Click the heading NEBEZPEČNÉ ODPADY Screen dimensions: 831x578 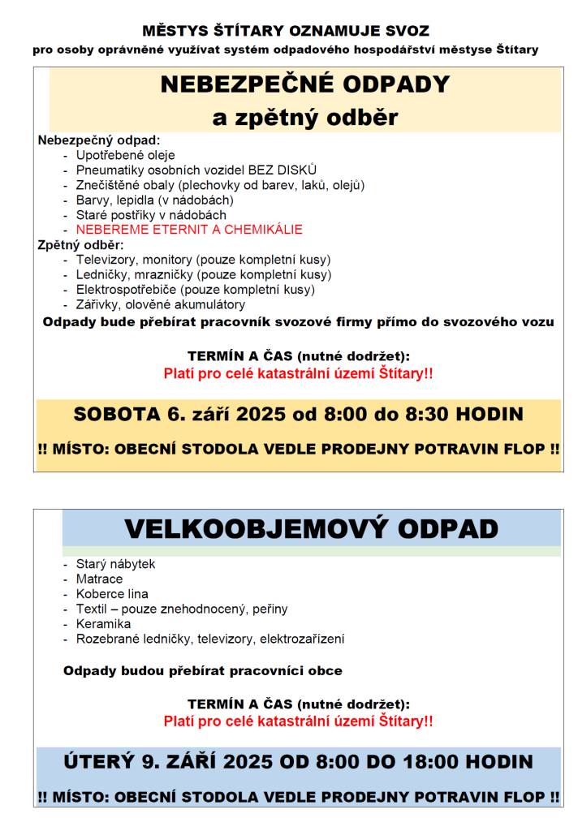coord(304,84)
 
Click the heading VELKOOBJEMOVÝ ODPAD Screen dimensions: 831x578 coord(311,528)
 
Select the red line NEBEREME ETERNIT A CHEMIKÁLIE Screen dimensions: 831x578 coord(188,230)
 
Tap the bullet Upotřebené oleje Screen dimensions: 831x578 coord(125,155)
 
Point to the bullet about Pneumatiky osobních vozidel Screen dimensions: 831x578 coord(196,170)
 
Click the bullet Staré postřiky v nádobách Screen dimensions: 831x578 coord(151,215)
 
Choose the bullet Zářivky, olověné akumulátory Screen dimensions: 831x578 coord(160,304)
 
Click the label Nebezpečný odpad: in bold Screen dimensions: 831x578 coord(99,140)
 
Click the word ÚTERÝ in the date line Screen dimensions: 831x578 coord(97,761)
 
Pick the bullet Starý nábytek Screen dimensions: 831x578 coord(115,564)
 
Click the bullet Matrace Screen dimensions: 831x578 coord(99,579)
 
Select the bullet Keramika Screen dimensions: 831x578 coord(103,624)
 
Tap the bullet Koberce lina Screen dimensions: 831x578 coord(112,594)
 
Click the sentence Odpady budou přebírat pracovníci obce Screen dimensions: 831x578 coord(202,671)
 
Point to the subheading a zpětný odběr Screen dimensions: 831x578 coord(304,118)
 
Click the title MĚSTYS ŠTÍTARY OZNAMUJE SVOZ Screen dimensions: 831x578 coord(286,32)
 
